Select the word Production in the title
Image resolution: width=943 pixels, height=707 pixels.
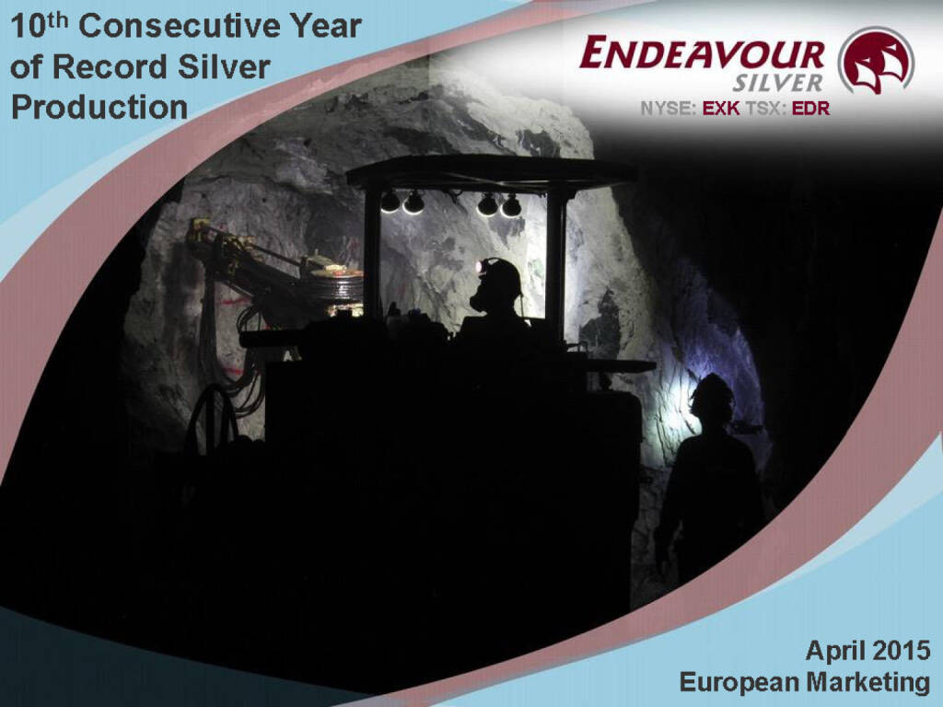click(x=99, y=108)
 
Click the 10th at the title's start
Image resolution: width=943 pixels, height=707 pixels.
click(x=39, y=26)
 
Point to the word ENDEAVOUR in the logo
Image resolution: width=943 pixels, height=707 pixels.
click(x=702, y=53)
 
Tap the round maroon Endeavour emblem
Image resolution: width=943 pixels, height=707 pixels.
click(x=875, y=60)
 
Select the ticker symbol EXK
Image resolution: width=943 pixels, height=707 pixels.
click(x=721, y=109)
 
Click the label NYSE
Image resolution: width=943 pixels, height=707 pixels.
click(x=669, y=109)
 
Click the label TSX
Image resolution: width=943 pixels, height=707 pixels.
click(x=765, y=109)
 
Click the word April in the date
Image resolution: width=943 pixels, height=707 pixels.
click(x=832, y=651)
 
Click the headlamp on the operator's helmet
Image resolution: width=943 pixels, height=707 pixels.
click(x=480, y=267)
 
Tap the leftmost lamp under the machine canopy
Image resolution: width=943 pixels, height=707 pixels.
click(x=390, y=202)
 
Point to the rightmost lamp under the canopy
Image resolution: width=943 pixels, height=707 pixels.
click(x=511, y=205)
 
